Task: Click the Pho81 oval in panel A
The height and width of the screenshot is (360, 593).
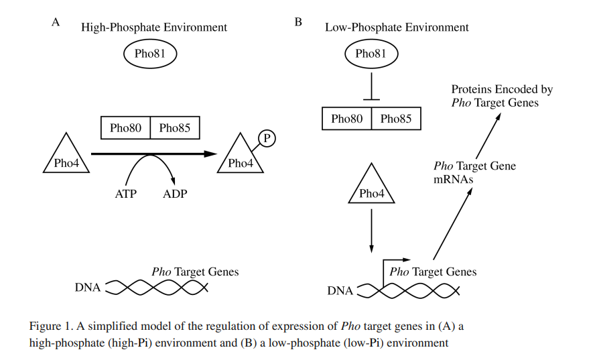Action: tap(149, 54)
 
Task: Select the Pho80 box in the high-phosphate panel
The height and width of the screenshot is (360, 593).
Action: tap(125, 127)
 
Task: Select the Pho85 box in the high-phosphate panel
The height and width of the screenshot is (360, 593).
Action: tap(175, 127)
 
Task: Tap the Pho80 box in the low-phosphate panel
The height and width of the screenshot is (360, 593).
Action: tap(347, 119)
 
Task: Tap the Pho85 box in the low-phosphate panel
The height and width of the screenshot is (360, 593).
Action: tap(396, 119)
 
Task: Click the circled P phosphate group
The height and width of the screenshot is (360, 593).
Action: tap(267, 138)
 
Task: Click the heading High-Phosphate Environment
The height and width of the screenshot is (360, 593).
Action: tap(154, 27)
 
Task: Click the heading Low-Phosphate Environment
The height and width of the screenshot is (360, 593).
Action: tap(397, 27)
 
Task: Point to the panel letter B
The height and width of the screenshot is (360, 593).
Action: tap(298, 22)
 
